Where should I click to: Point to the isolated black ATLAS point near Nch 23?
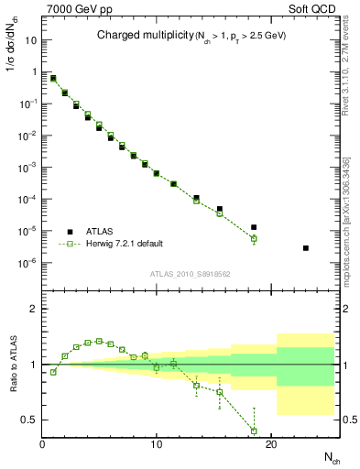pyautogui.click(x=305, y=248)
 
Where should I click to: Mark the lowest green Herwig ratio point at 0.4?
pyautogui.click(x=254, y=431)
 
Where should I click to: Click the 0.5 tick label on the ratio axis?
pyautogui.click(x=30, y=420)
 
